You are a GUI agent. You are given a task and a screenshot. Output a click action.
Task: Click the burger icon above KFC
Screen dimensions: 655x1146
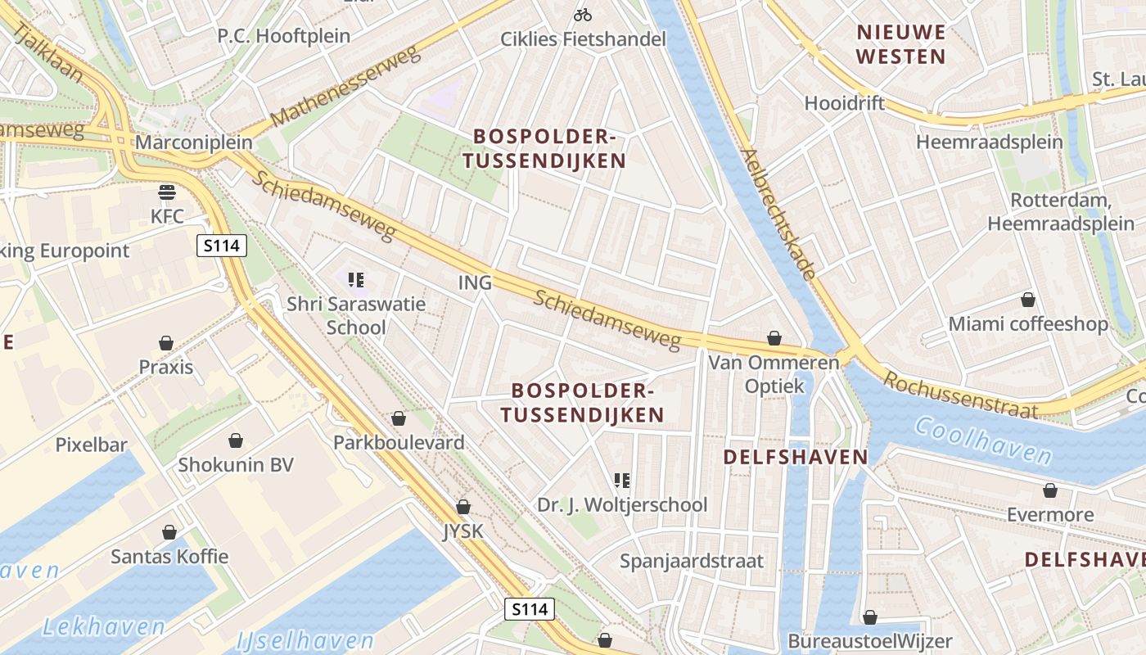(168, 192)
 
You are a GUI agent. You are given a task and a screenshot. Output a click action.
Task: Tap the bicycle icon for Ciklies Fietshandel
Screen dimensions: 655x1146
(583, 15)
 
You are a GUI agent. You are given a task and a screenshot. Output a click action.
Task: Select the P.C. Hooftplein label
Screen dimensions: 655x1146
(283, 36)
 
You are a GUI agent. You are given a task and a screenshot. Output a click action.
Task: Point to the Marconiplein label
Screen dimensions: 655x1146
(194, 142)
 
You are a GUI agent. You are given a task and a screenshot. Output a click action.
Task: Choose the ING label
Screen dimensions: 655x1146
(475, 282)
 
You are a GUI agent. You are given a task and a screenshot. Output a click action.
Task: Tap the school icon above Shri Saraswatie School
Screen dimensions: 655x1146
(356, 280)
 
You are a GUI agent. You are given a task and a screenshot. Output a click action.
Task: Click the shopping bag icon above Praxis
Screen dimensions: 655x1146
(166, 342)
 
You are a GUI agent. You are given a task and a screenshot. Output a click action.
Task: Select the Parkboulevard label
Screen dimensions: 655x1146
(399, 442)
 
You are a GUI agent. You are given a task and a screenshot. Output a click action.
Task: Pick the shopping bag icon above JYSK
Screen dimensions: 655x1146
(463, 507)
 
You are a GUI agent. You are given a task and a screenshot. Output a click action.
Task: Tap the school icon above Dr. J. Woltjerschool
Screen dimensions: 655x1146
(622, 481)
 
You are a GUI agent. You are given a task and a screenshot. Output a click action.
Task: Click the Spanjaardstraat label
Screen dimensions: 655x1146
(692, 561)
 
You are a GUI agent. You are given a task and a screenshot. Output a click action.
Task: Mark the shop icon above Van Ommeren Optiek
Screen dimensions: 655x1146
(774, 337)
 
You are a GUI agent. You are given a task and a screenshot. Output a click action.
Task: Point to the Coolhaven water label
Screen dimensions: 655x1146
(982, 441)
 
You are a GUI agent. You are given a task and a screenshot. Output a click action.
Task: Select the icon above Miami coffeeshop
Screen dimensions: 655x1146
(1028, 300)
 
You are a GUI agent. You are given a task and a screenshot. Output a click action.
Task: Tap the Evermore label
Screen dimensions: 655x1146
(1050, 515)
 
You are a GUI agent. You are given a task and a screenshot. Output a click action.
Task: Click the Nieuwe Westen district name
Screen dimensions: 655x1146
(901, 44)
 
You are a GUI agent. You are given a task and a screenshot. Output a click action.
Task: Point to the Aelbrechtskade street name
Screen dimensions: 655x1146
(778, 214)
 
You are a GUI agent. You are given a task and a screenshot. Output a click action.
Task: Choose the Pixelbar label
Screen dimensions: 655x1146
(92, 445)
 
